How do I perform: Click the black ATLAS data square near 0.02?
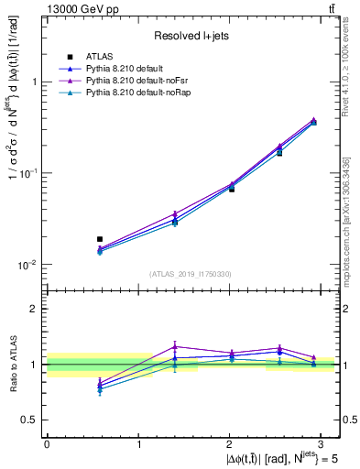click(x=100, y=239)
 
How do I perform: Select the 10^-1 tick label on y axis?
click(x=30, y=172)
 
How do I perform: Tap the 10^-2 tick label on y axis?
click(x=30, y=264)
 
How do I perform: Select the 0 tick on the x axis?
click(x=47, y=443)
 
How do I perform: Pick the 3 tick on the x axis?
click(x=322, y=443)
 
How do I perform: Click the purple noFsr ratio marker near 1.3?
click(x=175, y=346)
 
